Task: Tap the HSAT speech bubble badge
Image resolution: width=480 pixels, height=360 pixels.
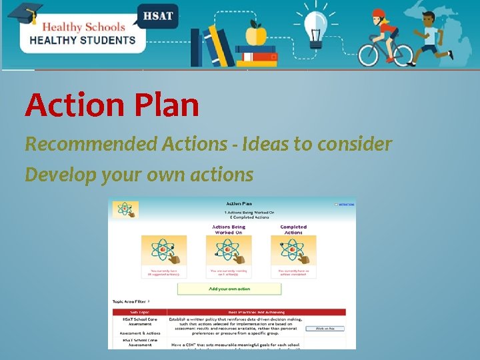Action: (x=157, y=15)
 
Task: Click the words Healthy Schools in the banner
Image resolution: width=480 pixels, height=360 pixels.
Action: (x=83, y=27)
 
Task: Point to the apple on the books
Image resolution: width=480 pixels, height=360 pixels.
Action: (x=256, y=33)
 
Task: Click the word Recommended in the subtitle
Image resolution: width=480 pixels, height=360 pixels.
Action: (x=79, y=143)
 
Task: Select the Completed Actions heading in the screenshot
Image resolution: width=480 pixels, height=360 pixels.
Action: (x=293, y=229)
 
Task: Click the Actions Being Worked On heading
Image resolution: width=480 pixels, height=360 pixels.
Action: (x=229, y=229)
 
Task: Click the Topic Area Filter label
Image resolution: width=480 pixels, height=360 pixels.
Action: (x=129, y=301)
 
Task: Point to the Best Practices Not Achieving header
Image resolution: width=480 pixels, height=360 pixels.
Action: (x=256, y=312)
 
